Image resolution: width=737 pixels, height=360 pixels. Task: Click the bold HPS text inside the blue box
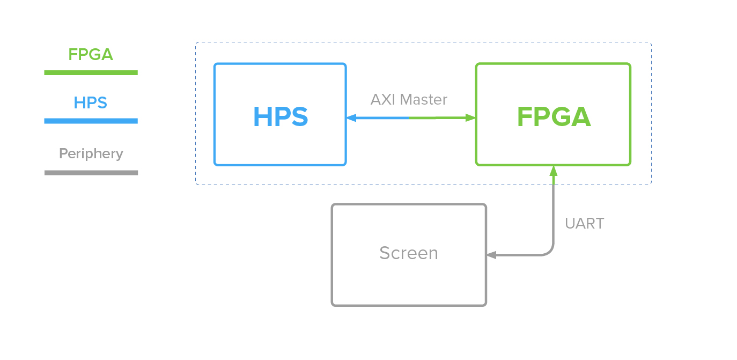[x=281, y=117]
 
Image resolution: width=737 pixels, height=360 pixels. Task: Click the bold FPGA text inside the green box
[x=553, y=117]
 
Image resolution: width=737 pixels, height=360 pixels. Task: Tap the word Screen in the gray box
[x=408, y=253]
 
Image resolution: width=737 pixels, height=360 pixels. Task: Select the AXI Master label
[x=409, y=99]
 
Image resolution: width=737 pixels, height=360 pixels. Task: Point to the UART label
[x=584, y=224]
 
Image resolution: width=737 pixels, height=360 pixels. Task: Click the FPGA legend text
[x=91, y=55]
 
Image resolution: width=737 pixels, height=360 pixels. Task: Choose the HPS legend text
[x=91, y=102]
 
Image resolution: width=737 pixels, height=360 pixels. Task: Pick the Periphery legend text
[x=91, y=153]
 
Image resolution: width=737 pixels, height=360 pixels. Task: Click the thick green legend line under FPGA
[x=91, y=72]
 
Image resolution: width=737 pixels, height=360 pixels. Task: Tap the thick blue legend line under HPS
[x=91, y=121]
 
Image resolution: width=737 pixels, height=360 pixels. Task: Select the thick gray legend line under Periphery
[x=91, y=173]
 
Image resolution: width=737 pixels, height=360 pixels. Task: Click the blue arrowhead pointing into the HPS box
[x=351, y=117]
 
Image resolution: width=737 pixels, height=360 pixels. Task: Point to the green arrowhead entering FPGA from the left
[x=470, y=117]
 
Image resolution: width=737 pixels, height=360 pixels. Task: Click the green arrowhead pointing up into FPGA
[x=553, y=171]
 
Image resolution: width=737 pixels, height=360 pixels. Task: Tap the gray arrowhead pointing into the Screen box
[x=491, y=255]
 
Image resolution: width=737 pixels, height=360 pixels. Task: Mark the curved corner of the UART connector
[x=549, y=251]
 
